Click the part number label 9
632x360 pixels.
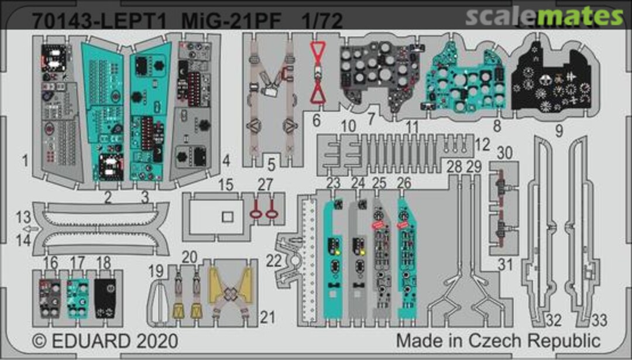tap(559, 131)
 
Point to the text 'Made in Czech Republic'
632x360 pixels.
tap(497, 341)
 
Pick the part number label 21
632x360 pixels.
tap(267, 317)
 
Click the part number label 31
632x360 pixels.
tap(504, 265)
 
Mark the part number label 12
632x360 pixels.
tap(482, 142)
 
